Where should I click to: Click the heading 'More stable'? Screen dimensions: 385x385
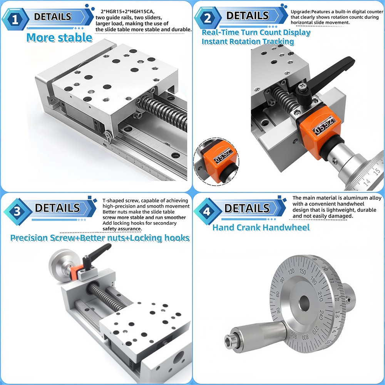coord(59,38)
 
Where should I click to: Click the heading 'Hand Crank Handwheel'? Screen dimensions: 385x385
coord(261,227)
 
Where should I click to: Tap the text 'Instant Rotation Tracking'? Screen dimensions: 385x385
coord(248,41)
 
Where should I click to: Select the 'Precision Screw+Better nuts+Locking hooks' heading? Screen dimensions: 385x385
coord(100,238)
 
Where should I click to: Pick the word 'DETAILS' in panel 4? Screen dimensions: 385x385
coord(247,208)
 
